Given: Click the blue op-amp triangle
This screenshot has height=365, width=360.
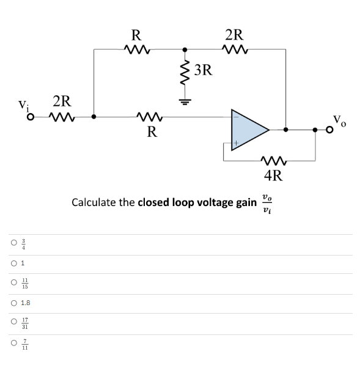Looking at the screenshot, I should tap(248, 129).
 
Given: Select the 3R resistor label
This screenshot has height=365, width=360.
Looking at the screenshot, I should tap(204, 70).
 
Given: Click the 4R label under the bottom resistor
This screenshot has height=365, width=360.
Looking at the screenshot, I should tap(273, 177).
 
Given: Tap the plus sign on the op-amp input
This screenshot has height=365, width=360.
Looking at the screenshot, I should tap(234, 144).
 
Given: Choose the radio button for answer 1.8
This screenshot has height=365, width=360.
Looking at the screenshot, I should tap(12, 302).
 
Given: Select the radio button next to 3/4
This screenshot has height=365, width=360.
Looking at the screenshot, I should tap(12, 243).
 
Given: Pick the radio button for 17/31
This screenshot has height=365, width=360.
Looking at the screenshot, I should tap(12, 323).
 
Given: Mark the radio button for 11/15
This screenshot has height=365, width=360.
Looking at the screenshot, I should tap(12, 282).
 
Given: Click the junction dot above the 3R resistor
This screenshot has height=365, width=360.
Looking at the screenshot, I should tap(185, 49).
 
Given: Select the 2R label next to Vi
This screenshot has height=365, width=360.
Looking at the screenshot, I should tap(62, 100).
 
